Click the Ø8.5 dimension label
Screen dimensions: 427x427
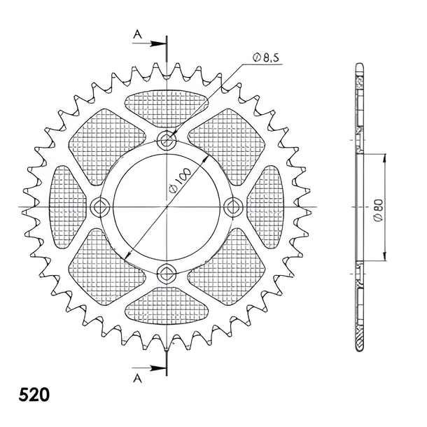(x=265, y=58)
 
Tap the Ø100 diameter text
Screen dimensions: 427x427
(x=180, y=181)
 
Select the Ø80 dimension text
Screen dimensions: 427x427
(x=379, y=210)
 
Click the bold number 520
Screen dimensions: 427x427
(x=34, y=395)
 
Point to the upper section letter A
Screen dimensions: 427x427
(x=138, y=34)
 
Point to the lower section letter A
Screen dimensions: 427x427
(x=138, y=378)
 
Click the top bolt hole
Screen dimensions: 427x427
(x=167, y=141)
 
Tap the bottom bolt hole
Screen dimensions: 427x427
(x=167, y=273)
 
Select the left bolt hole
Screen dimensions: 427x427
(x=100, y=207)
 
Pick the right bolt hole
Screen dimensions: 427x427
(x=233, y=207)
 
